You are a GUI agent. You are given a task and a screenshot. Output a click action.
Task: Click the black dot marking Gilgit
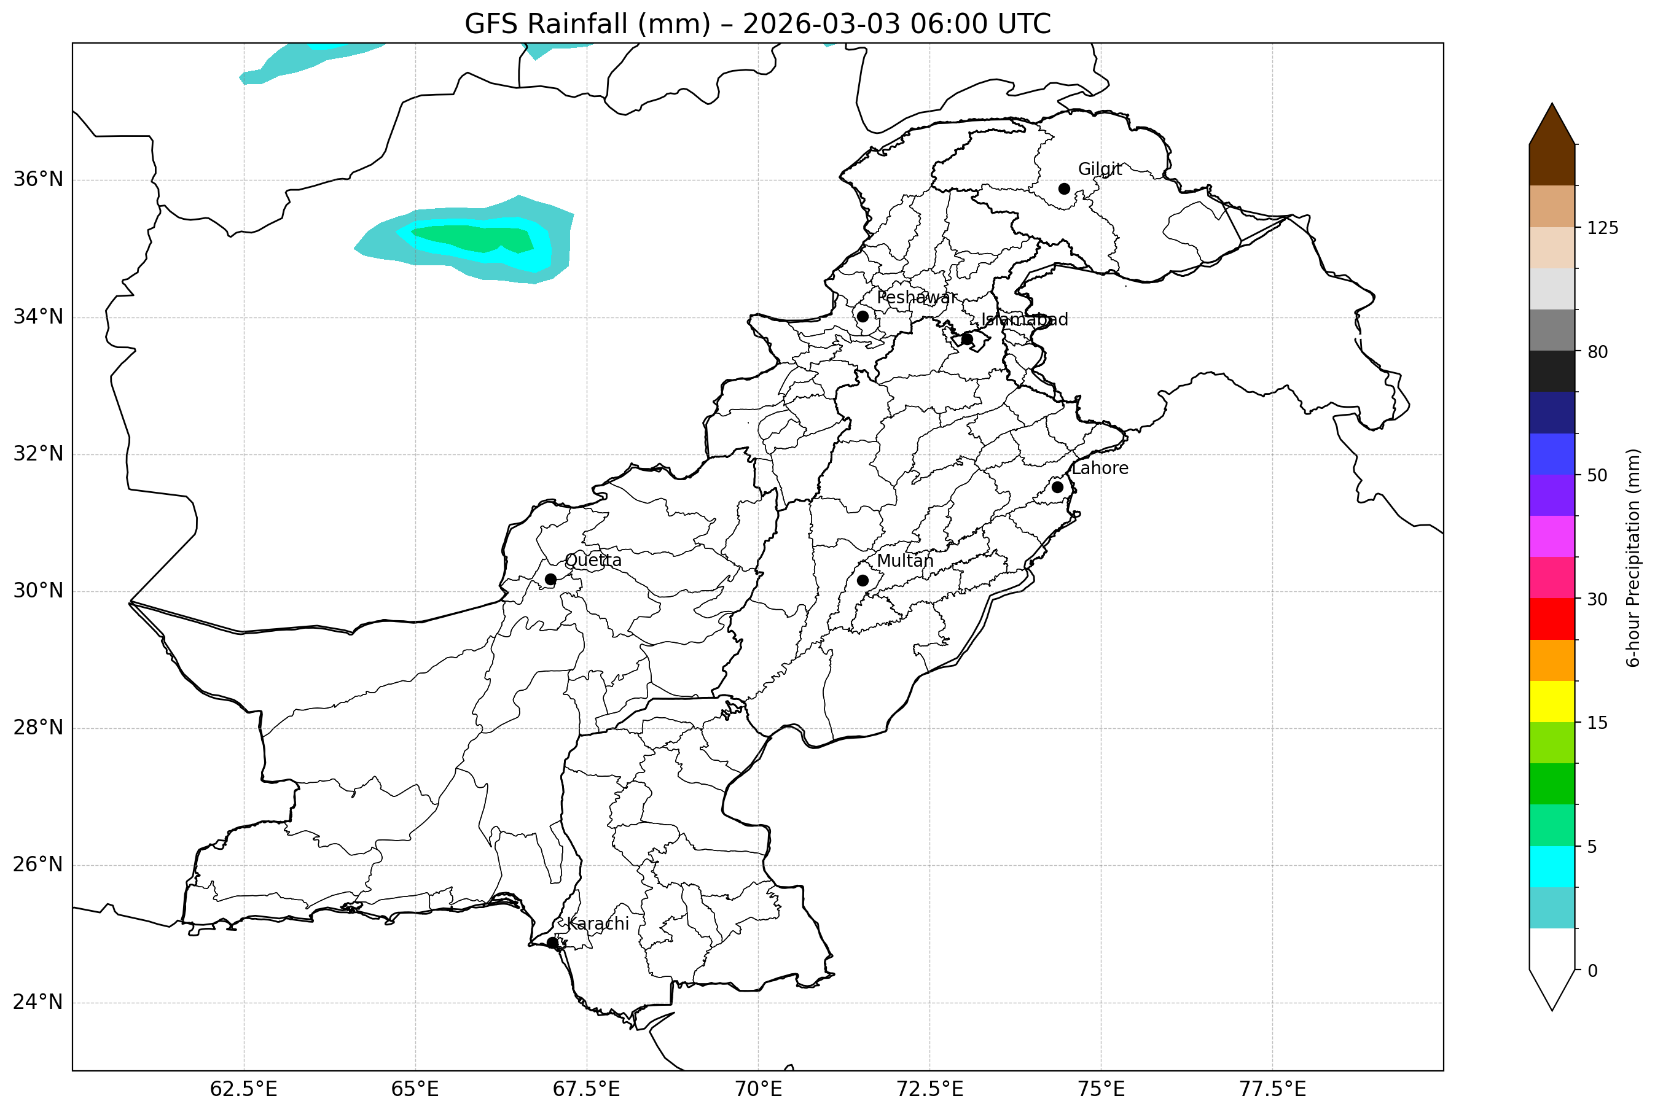(1064, 189)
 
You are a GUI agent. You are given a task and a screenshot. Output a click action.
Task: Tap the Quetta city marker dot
(550, 580)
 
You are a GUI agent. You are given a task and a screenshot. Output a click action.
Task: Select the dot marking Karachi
(553, 943)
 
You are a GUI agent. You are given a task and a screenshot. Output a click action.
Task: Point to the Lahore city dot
(1058, 487)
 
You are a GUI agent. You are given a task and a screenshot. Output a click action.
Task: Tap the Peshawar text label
(917, 298)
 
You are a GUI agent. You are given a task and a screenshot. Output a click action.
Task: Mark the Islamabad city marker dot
(967, 339)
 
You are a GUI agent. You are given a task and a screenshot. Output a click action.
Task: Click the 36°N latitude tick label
(38, 179)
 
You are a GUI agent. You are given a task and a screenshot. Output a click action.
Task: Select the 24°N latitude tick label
(38, 1002)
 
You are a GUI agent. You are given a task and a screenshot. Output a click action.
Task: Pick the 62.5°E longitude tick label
(243, 1089)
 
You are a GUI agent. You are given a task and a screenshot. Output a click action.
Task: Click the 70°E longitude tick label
(758, 1089)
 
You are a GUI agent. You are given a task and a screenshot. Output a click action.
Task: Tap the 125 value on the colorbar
(1603, 228)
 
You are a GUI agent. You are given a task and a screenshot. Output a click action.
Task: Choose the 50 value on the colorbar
(1597, 476)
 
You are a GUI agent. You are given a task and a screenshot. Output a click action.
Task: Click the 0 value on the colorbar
(1592, 971)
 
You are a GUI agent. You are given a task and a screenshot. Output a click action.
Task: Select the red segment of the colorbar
(1552, 619)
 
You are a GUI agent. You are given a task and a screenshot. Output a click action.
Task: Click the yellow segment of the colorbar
(1552, 701)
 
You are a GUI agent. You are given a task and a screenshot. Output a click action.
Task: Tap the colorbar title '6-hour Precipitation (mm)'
(1633, 558)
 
